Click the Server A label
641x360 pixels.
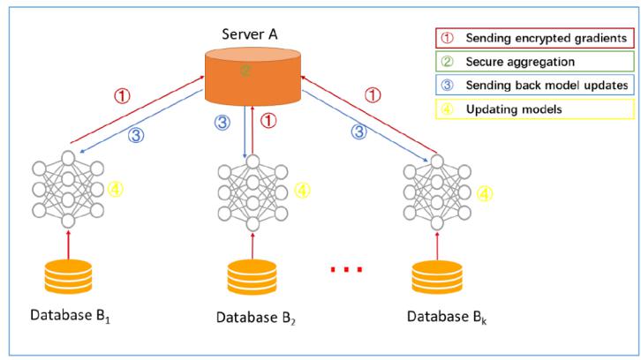click(x=250, y=34)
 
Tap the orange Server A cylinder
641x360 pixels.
click(x=253, y=77)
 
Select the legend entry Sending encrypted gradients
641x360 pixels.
click(x=535, y=38)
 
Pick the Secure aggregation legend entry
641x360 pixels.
click(x=535, y=62)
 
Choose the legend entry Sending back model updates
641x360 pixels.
click(x=535, y=85)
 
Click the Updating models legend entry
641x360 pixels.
click(x=535, y=109)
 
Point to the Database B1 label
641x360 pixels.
click(x=70, y=316)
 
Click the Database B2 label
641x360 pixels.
click(x=255, y=318)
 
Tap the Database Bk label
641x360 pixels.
click(x=447, y=317)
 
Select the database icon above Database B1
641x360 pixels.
click(x=68, y=277)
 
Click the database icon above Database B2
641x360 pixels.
click(x=253, y=277)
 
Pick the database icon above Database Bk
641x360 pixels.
click(x=437, y=277)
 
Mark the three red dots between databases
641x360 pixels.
click(x=346, y=269)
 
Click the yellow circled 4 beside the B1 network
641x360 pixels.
click(x=116, y=189)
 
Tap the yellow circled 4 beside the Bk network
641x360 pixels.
click(x=485, y=194)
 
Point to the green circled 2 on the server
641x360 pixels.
click(x=245, y=71)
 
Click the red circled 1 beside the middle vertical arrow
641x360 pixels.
click(x=268, y=121)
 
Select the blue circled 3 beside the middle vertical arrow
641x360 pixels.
click(x=222, y=122)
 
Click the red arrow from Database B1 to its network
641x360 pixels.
click(x=68, y=244)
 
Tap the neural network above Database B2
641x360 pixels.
click(x=253, y=193)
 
